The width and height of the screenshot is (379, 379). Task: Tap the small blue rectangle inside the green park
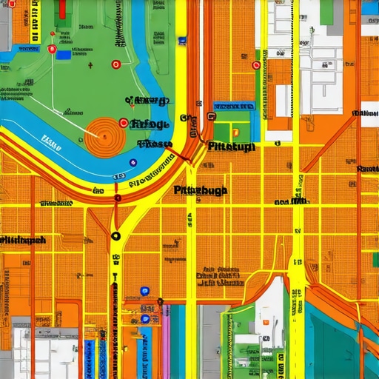(64, 54)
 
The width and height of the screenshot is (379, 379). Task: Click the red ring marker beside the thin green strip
(256, 65)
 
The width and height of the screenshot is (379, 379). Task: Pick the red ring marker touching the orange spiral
(123, 123)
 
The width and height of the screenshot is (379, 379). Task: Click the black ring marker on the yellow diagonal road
(115, 236)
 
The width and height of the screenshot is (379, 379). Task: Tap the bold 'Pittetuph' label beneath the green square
(232, 147)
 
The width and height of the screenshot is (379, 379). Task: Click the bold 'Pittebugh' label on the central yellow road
(201, 190)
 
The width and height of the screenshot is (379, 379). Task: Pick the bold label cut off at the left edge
(22, 240)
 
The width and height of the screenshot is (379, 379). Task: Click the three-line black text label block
(220, 277)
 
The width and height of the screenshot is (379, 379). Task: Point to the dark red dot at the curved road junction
(118, 198)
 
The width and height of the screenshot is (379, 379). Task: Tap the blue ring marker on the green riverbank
(133, 162)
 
